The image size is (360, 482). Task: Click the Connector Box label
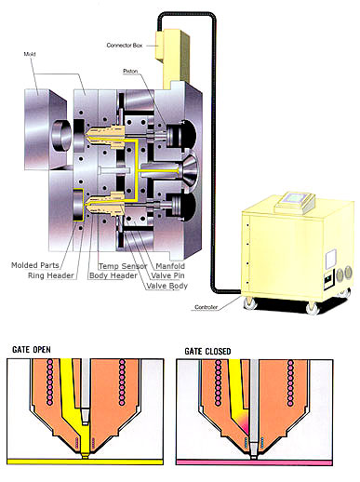(x=125, y=46)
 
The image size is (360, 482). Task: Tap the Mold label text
(x=30, y=54)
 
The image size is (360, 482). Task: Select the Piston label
(x=130, y=72)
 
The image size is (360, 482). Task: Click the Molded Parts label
(x=35, y=265)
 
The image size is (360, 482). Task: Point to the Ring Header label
(x=51, y=275)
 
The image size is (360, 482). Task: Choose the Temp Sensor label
(x=123, y=266)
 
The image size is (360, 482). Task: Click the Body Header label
(x=113, y=275)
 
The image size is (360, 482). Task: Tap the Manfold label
(x=170, y=266)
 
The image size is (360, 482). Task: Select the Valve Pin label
(x=167, y=275)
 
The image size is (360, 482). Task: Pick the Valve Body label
(x=167, y=286)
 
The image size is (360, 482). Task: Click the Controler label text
(x=207, y=307)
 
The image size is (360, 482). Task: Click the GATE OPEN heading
(x=32, y=350)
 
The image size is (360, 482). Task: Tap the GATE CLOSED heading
(x=207, y=351)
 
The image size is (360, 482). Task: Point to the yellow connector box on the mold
(x=172, y=58)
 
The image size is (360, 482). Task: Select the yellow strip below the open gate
(x=85, y=462)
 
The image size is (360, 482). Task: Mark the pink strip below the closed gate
(x=254, y=462)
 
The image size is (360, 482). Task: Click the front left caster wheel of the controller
(x=250, y=303)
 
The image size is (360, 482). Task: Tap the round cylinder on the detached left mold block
(x=61, y=135)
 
